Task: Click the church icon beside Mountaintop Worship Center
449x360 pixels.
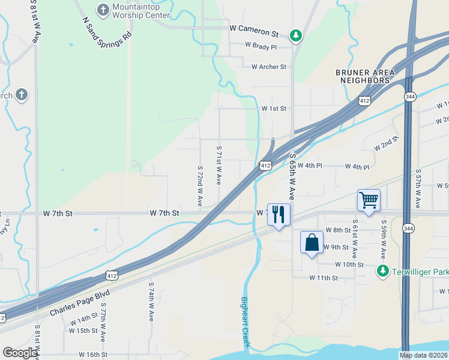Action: point(103,10)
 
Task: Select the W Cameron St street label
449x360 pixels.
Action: point(254,28)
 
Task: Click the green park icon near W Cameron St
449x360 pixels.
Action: point(295,36)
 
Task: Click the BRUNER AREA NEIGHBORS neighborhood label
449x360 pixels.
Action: point(365,76)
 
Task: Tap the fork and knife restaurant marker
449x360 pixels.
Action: point(279,215)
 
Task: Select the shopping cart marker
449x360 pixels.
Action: point(369,200)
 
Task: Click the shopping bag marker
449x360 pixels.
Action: point(312,244)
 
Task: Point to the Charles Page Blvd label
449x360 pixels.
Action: point(74,304)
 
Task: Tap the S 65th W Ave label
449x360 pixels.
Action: point(292,176)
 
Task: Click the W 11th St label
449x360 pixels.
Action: point(324,278)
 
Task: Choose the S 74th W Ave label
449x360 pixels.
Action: point(151,301)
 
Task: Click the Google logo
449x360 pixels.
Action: point(20,353)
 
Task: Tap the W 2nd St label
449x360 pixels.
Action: point(386,144)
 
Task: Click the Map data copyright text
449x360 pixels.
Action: point(424,355)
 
